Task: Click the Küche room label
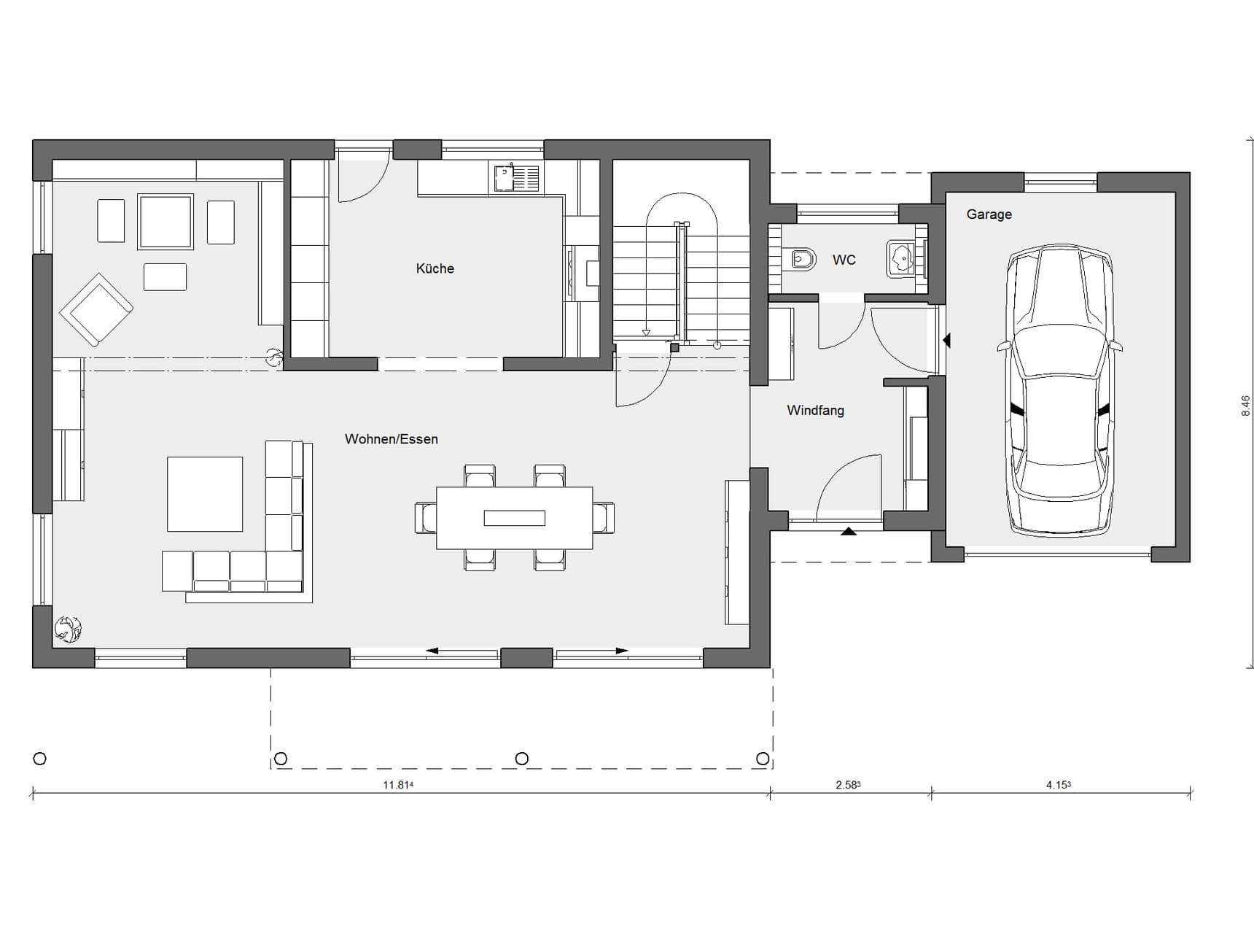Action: coord(435,268)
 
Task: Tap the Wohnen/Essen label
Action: coord(392,439)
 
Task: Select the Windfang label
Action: coord(816,411)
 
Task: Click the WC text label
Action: coord(844,260)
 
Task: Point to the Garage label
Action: coord(989,214)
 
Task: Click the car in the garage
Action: coord(1061,390)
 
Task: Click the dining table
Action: coord(515,518)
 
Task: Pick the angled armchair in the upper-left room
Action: coord(96,309)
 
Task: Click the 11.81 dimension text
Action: coord(398,786)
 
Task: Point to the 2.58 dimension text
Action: coord(848,786)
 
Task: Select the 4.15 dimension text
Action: coord(1059,786)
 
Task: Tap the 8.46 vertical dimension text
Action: coord(1245,406)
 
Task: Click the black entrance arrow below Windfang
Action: coord(849,531)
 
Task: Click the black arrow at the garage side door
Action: coord(946,340)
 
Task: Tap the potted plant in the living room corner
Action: coord(68,629)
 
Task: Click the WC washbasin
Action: coord(902,259)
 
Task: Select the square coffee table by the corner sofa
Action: coord(205,495)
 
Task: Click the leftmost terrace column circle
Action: coord(40,759)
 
